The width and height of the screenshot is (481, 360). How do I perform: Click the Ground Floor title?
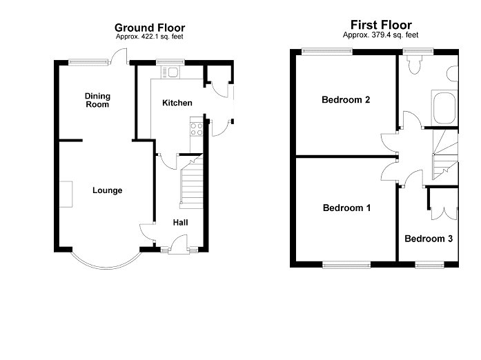pos(149,28)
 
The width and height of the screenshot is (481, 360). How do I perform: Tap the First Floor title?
pos(380,26)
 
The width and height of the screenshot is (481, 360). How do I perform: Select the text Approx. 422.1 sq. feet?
pos(149,37)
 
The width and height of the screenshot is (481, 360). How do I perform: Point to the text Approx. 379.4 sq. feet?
pos(380,34)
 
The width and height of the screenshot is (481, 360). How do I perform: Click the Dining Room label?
pos(98,100)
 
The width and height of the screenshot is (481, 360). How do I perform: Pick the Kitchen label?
pos(177,103)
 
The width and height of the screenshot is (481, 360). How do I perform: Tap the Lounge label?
pos(108,190)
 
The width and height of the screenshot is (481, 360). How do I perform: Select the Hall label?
pos(180,222)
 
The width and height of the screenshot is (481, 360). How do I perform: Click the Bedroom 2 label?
pos(346,100)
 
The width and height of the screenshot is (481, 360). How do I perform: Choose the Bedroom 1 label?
pos(346,208)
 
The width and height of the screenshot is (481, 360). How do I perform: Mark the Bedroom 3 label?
pos(429,239)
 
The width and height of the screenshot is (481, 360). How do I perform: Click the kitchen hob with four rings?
pos(196,128)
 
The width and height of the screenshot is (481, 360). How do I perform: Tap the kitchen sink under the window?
pos(170,71)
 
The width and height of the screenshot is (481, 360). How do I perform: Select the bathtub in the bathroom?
pos(443,108)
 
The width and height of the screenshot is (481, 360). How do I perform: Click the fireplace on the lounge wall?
pos(66,194)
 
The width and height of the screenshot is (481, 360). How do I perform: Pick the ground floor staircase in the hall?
pos(190,183)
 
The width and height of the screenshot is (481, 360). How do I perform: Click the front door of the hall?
pos(177,242)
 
